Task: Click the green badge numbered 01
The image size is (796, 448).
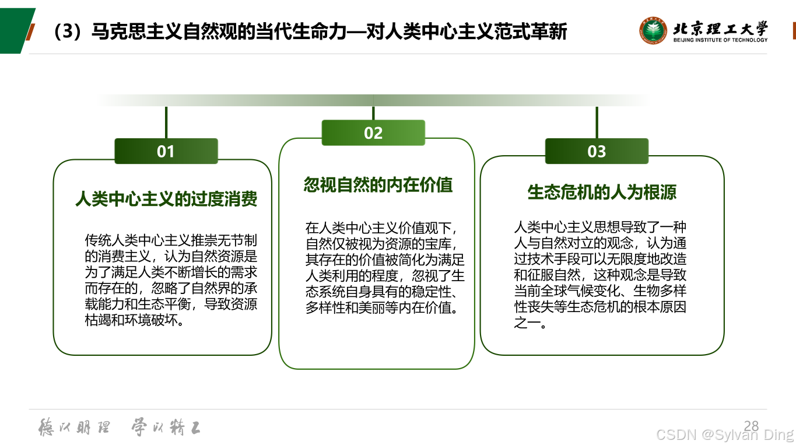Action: pyautogui.click(x=166, y=151)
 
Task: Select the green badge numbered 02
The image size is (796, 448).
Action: pyautogui.click(x=373, y=133)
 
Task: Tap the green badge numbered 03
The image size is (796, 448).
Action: pyautogui.click(x=597, y=151)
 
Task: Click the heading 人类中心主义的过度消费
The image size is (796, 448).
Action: pyautogui.click(x=166, y=199)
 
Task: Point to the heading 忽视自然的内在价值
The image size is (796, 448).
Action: pyautogui.click(x=378, y=185)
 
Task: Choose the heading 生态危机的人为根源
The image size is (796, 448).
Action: pyautogui.click(x=602, y=192)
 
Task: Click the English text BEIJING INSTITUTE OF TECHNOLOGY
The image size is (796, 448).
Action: pyautogui.click(x=720, y=40)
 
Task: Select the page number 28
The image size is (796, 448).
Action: pyautogui.click(x=752, y=425)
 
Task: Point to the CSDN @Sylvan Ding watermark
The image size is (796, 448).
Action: pyautogui.click(x=725, y=435)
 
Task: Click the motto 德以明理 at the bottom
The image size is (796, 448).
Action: pyautogui.click(x=74, y=428)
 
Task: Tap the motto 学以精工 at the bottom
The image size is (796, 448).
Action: pyautogui.click(x=166, y=428)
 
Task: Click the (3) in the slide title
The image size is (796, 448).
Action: pyautogui.click(x=65, y=32)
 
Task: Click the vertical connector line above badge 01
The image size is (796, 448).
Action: pyautogui.click(x=166, y=123)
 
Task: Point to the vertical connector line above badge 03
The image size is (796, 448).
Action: pyautogui.click(x=597, y=123)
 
